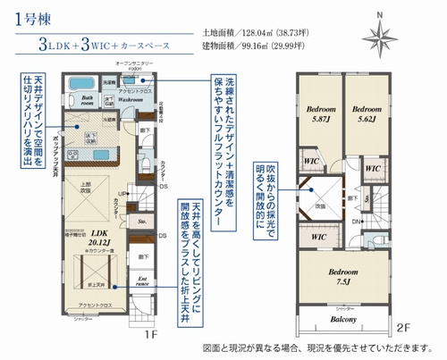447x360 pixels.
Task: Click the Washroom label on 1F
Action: tap(134, 100)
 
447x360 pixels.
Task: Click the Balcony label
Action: tap(344, 318)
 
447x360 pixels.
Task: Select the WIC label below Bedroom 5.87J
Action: tap(312, 161)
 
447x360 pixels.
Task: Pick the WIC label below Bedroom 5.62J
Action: tap(374, 167)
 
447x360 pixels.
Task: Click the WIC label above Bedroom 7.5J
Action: tap(316, 238)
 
